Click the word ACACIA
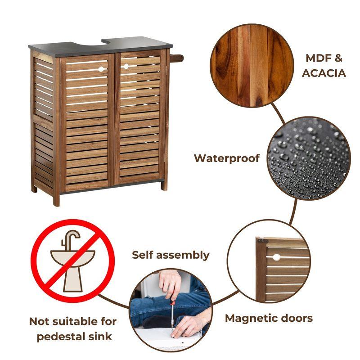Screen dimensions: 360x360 point(324,73)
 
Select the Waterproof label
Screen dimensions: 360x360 point(227,158)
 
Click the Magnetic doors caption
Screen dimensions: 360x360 point(269,318)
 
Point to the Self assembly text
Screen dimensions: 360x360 point(171,255)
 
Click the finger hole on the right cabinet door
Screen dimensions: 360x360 point(126,67)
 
